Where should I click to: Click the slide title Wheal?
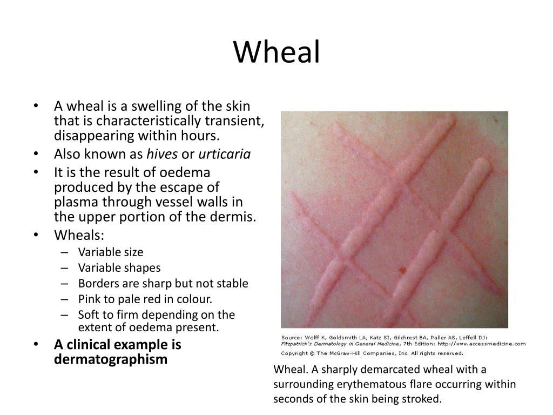coord(276,52)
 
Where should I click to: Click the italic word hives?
coord(162,154)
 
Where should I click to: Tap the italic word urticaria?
coord(225,154)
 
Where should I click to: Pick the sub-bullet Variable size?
coord(111,252)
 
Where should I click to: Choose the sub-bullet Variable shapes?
coord(119,268)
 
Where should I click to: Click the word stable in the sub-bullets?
coord(233,283)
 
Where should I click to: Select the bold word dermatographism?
coord(111,359)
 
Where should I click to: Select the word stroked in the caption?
coord(424,400)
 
